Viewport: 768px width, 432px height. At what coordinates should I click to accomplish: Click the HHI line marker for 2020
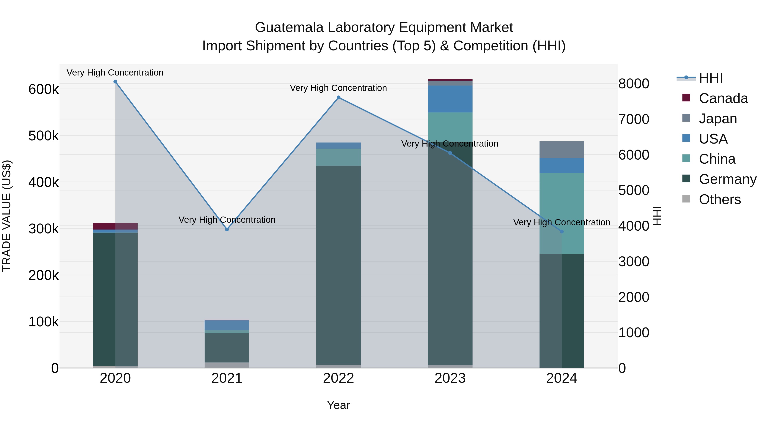[x=115, y=82]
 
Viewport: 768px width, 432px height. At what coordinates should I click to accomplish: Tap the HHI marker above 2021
[x=227, y=229]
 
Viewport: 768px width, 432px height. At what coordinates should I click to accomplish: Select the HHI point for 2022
[x=338, y=97]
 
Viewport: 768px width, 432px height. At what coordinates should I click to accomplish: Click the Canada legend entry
[x=723, y=98]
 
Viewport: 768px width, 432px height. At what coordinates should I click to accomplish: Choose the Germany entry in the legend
[x=727, y=179]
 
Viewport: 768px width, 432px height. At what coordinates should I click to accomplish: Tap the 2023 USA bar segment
[x=450, y=99]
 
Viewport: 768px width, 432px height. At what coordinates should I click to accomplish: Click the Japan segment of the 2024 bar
[x=562, y=150]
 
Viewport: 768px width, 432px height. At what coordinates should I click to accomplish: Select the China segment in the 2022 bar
[x=338, y=157]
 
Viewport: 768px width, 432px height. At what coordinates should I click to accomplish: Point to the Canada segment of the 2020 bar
[x=115, y=226]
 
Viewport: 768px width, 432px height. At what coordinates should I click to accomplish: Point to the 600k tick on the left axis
[x=44, y=89]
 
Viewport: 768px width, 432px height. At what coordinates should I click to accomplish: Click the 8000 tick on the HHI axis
[x=634, y=84]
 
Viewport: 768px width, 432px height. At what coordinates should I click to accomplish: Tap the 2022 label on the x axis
[x=338, y=378]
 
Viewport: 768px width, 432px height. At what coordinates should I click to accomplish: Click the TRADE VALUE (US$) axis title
[x=7, y=216]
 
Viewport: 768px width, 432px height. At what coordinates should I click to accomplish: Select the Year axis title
[x=338, y=405]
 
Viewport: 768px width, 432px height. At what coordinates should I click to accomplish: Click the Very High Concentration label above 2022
[x=338, y=88]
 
